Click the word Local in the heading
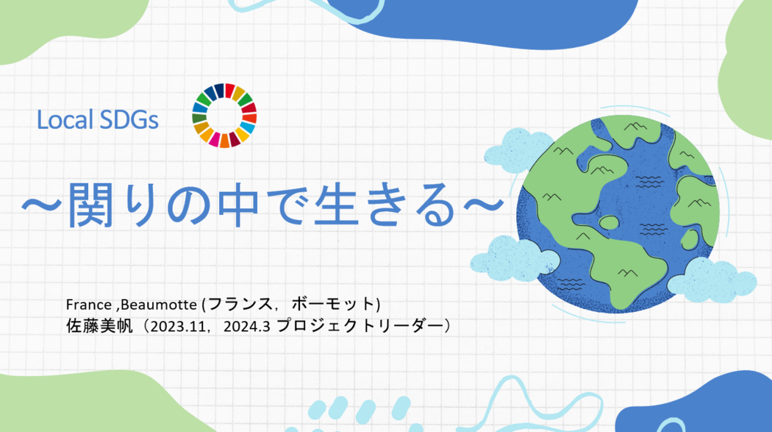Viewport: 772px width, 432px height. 65,120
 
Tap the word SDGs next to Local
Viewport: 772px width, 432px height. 129,120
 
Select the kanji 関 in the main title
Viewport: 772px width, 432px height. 90,205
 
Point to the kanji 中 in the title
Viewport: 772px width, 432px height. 238,205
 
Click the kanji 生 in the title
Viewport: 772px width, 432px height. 337,205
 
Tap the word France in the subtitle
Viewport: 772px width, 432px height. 89,305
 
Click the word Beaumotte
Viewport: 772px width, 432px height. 159,305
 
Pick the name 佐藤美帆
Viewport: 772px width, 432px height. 99,326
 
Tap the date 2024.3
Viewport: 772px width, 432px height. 246,327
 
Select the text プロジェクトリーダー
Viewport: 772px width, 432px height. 360,326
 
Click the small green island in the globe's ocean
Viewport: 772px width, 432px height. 609,223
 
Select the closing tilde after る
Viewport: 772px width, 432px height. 485,204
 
